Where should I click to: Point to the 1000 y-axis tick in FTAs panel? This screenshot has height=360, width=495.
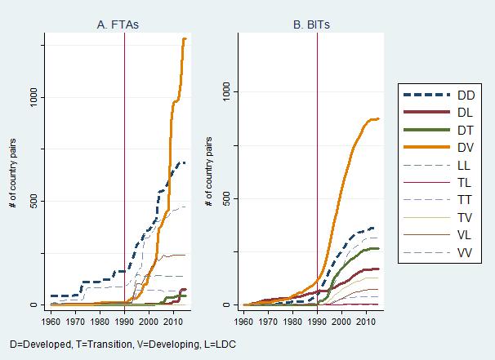[32, 97]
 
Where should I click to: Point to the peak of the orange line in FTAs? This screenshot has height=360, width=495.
[185, 38]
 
